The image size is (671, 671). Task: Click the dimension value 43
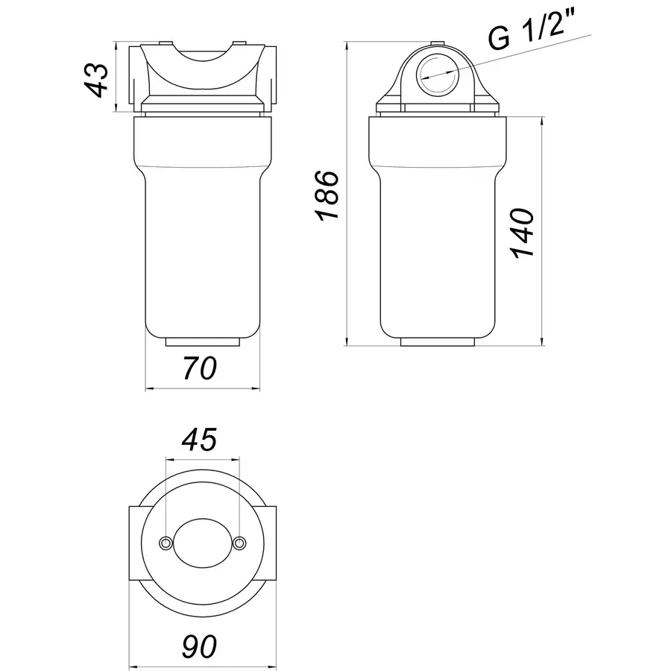(x=97, y=78)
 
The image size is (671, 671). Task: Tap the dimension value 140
(x=523, y=232)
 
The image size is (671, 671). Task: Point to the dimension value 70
(x=201, y=368)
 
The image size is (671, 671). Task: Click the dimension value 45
(x=201, y=440)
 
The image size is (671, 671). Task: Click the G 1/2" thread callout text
(x=532, y=37)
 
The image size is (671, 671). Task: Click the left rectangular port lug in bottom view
(x=136, y=544)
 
